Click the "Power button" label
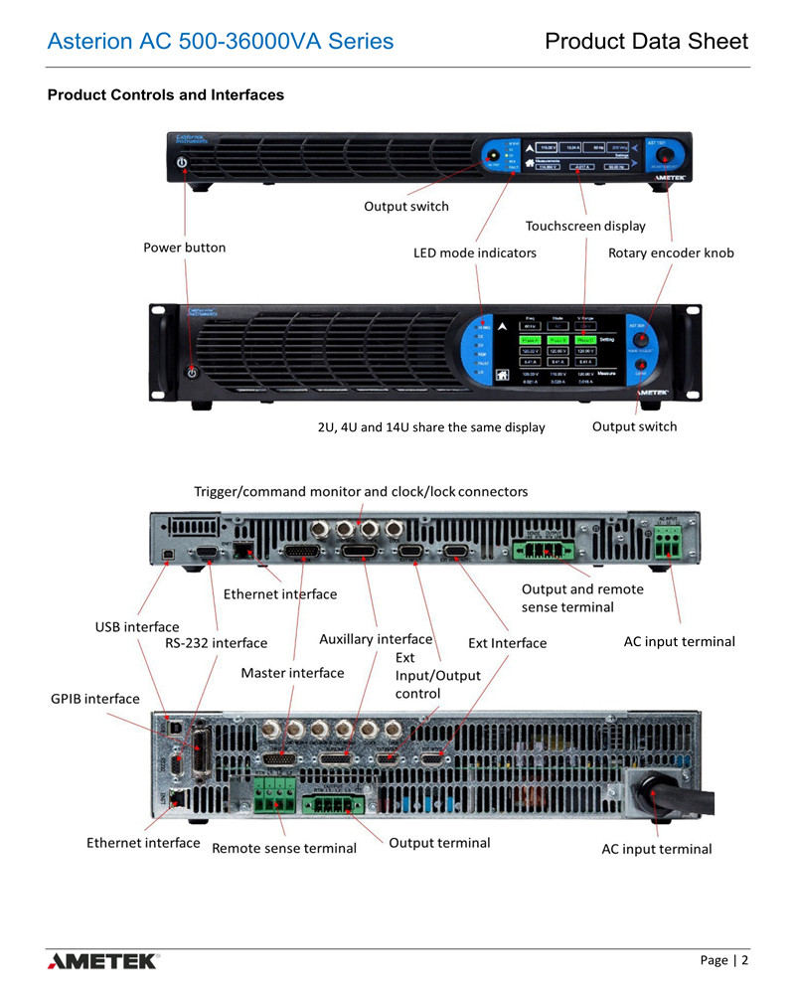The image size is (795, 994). pos(185,248)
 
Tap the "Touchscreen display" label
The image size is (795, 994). pos(585,226)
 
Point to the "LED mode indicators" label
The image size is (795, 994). pos(475,252)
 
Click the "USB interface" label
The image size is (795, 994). pos(137,627)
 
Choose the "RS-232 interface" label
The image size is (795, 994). pos(216,643)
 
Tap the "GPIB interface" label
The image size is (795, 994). pos(95,699)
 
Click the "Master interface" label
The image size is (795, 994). pos(292,673)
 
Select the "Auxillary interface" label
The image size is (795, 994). pos(376,639)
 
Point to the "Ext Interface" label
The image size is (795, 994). pos(507,643)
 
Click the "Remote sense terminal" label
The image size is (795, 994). pos(284,848)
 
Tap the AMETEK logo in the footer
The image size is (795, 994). pos(102,960)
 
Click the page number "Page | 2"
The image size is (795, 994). pos(723,960)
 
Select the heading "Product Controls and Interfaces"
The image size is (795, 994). pos(166,95)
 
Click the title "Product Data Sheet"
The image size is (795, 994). pos(646,42)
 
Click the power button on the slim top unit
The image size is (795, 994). pos(182,162)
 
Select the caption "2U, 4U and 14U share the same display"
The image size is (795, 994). pos(431,427)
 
